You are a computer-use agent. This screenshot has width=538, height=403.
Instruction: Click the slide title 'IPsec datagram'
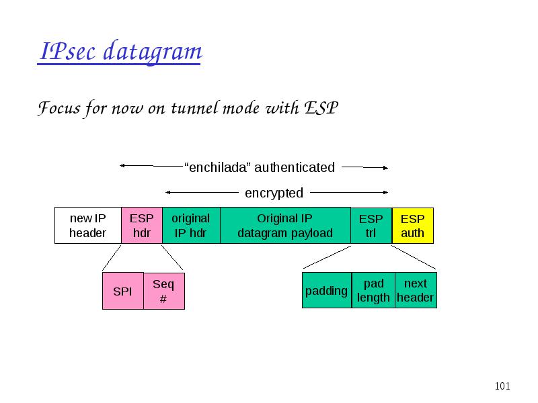click(x=120, y=52)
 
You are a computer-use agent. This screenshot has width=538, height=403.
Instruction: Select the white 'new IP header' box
click(x=88, y=226)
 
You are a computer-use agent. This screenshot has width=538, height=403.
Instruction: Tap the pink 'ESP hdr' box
click(x=142, y=226)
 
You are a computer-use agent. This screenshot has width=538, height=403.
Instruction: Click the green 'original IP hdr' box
click(x=191, y=226)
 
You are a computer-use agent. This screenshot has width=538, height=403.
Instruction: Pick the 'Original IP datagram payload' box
click(x=285, y=226)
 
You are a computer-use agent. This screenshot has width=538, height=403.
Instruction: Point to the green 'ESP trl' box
click(x=371, y=226)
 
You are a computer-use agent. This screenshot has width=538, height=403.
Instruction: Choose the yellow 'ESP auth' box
click(x=413, y=226)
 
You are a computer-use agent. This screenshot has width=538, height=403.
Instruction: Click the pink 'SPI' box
click(x=123, y=291)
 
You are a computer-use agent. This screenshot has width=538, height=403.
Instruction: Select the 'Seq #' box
click(x=164, y=291)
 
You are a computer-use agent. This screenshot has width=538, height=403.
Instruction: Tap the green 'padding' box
click(x=327, y=290)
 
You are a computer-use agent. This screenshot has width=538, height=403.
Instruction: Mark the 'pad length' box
click(x=373, y=290)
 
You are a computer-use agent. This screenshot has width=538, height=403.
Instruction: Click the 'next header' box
click(x=416, y=290)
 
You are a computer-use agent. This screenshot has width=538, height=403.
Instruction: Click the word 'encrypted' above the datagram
click(x=274, y=193)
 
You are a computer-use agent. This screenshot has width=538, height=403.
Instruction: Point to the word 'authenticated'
click(x=295, y=167)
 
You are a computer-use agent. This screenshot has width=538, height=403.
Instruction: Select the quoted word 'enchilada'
click(x=218, y=167)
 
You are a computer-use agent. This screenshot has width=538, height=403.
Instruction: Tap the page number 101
click(x=502, y=386)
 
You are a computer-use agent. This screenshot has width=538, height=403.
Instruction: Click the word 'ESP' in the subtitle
click(x=321, y=108)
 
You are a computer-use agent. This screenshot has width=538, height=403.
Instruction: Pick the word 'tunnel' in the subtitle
click(x=195, y=108)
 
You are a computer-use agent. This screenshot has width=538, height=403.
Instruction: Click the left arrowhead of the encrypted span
click(x=167, y=193)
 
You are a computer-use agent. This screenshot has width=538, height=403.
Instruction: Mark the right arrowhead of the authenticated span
click(x=385, y=168)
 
